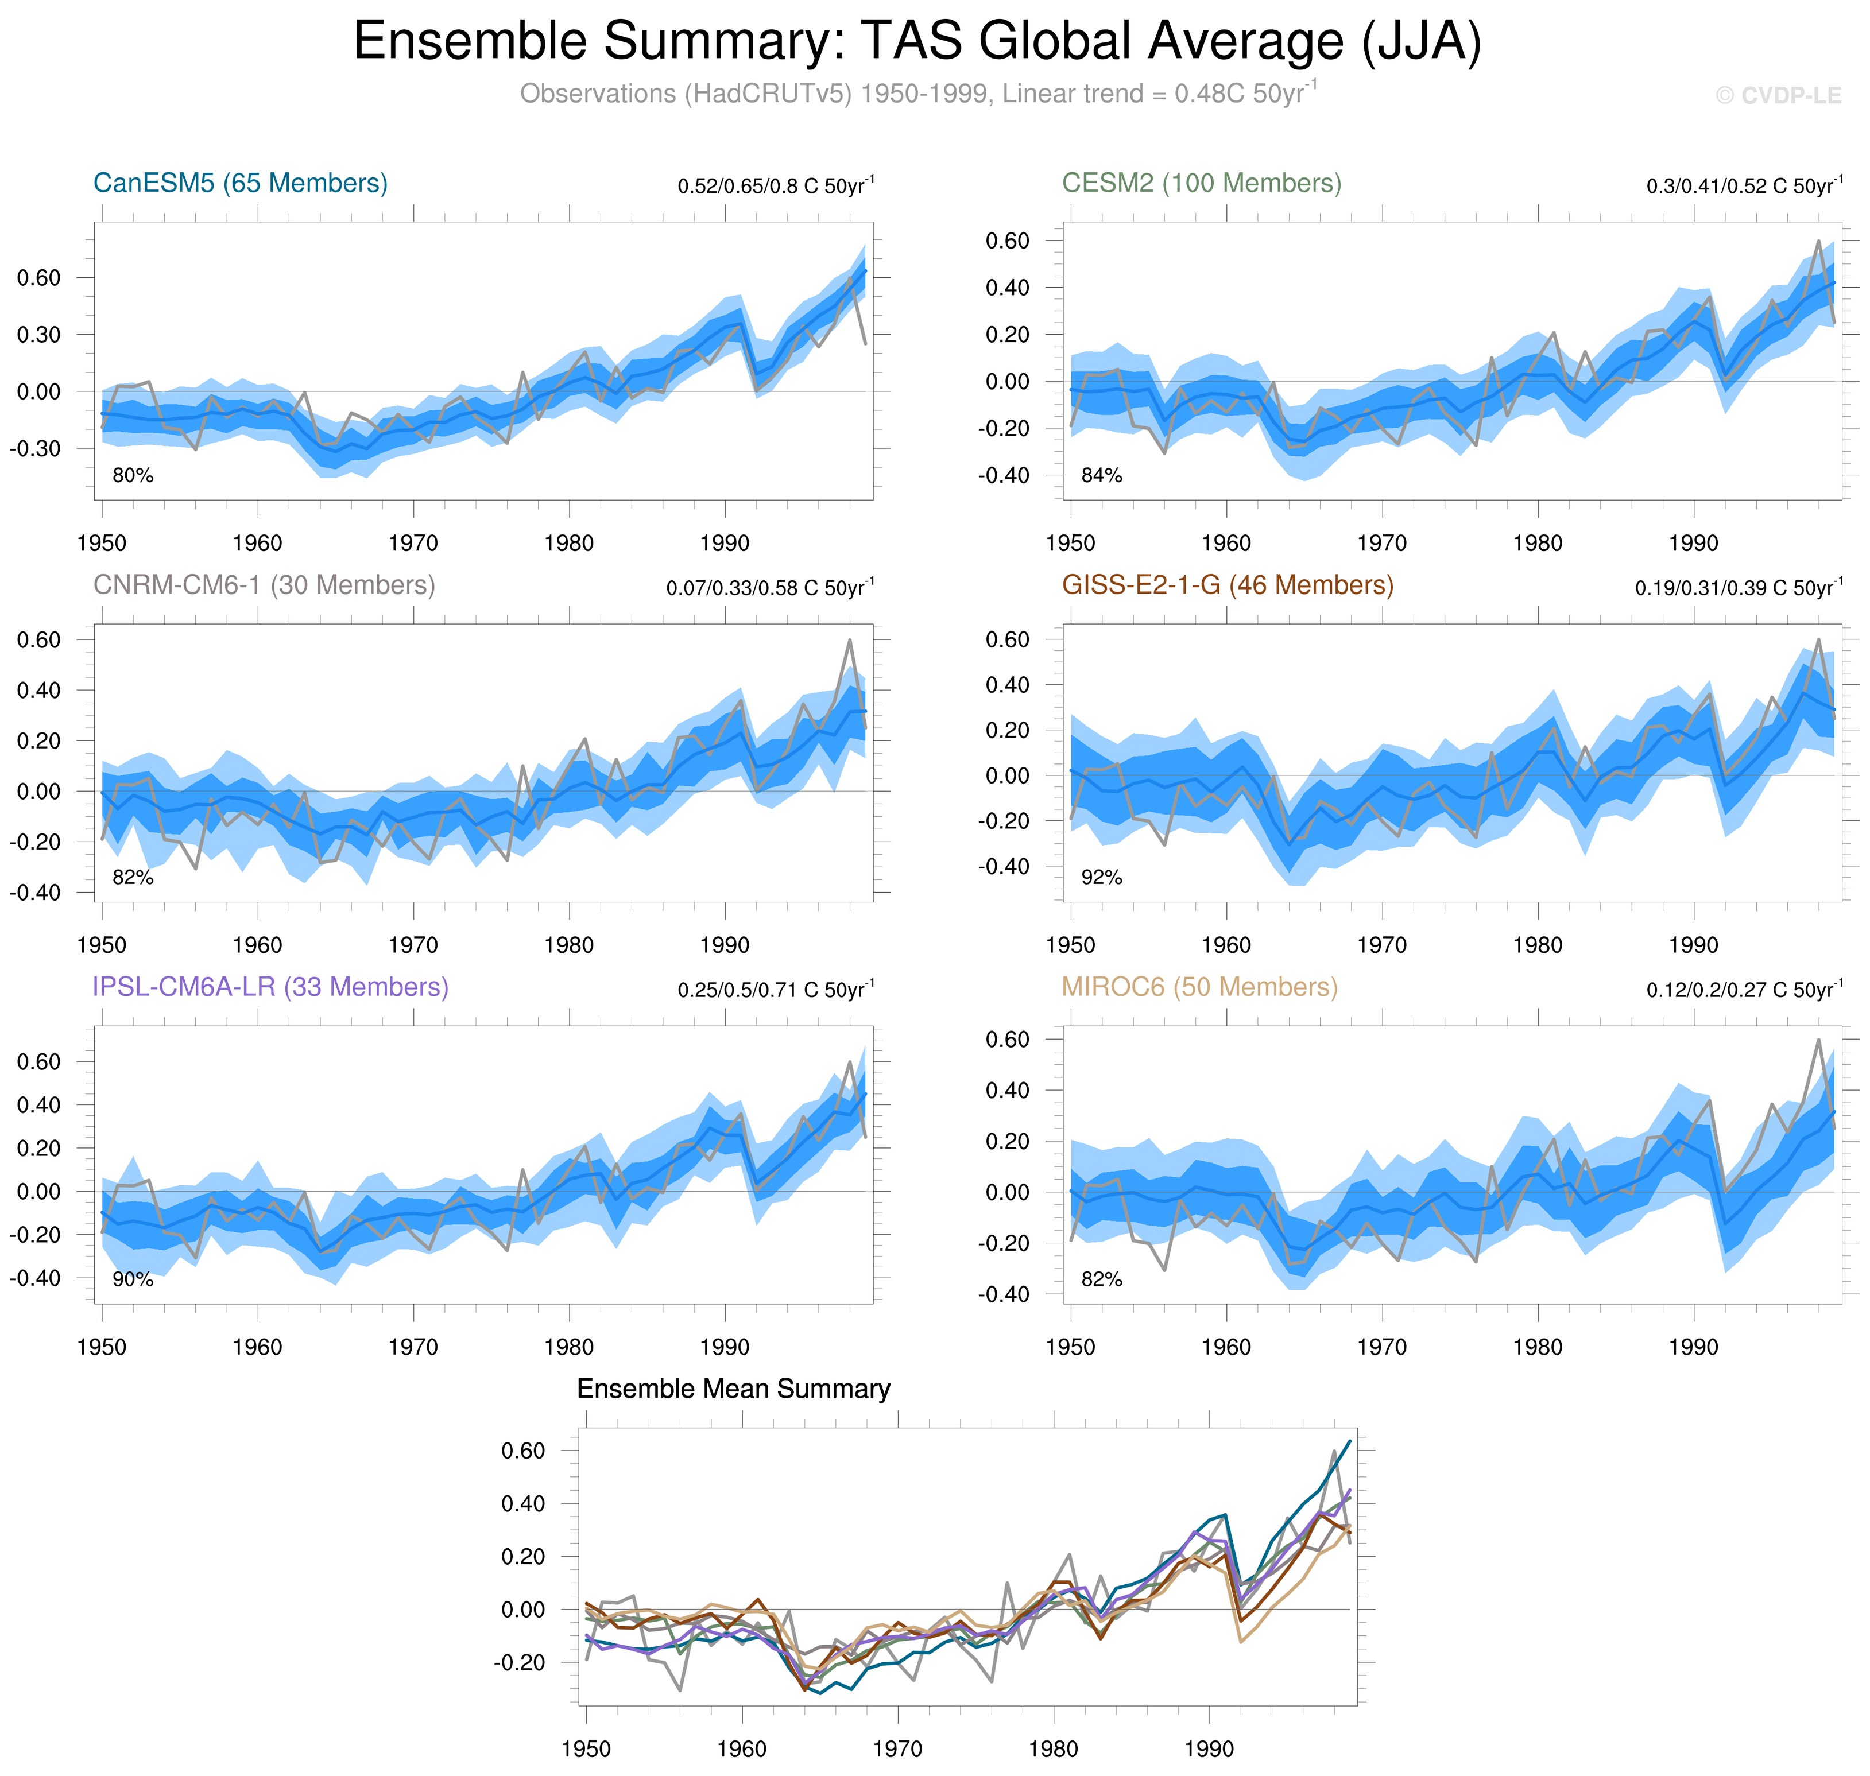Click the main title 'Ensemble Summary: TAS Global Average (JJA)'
916,42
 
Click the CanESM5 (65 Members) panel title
241,183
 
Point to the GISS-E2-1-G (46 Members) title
1227,585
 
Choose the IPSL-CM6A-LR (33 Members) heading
270,987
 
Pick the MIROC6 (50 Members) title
1199,987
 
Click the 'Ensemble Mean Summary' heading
733,1389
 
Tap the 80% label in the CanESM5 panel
133,475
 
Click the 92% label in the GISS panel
1101,878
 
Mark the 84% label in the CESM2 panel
1101,475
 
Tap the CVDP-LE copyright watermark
1778,96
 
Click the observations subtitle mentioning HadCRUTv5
916,94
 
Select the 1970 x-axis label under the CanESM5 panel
413,544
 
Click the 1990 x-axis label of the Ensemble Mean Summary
1208,1748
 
